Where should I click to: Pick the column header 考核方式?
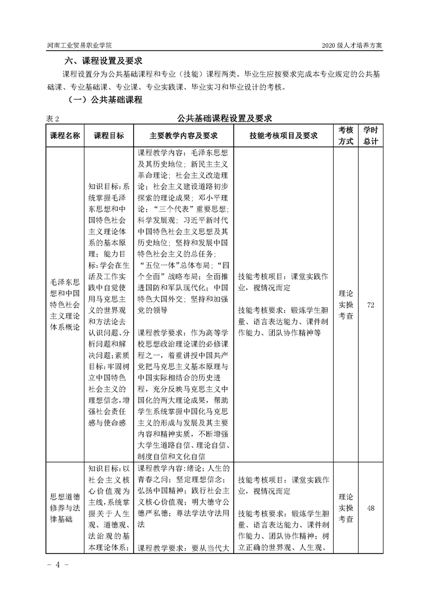(x=346, y=135)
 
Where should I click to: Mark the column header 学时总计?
(x=371, y=135)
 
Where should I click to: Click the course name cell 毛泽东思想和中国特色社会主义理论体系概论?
(x=65, y=305)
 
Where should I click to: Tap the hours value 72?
(x=371, y=305)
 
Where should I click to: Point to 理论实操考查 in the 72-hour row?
(x=346, y=305)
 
